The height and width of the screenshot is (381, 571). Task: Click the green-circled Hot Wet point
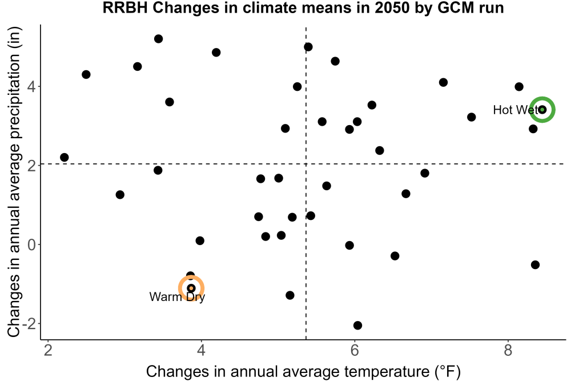tap(542, 110)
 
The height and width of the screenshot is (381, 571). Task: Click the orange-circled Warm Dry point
tap(191, 288)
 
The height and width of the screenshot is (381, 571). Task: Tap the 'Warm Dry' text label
tap(177, 297)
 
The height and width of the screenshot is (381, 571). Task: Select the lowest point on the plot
tap(357, 325)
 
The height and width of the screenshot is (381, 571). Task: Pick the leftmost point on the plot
tap(65, 157)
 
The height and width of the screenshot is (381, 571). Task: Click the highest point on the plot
tap(158, 39)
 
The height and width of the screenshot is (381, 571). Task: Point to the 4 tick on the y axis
tap(31, 87)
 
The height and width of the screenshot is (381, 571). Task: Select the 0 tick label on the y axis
tap(31, 244)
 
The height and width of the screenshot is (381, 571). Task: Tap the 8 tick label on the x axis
tap(508, 350)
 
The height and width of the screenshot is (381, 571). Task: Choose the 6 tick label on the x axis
tap(355, 350)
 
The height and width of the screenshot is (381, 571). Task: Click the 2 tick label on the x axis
tap(48, 350)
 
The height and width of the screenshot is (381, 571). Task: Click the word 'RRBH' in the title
tap(125, 7)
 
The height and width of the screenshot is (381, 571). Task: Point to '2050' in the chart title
tap(393, 7)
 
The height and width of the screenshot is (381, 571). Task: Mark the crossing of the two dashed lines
tap(306, 164)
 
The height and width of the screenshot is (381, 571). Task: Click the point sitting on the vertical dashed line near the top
tap(308, 47)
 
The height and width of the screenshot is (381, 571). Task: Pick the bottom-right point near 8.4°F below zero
tap(535, 265)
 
